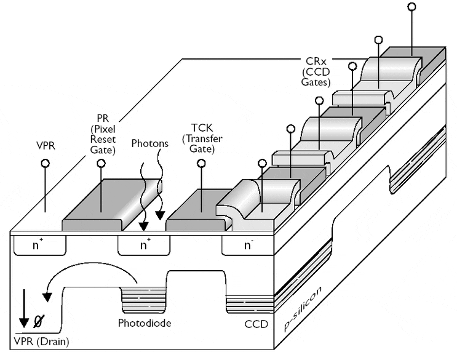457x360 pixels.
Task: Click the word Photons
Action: [149, 143]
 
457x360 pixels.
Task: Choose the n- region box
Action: [248, 246]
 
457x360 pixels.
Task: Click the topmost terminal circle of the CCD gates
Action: [412, 7]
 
